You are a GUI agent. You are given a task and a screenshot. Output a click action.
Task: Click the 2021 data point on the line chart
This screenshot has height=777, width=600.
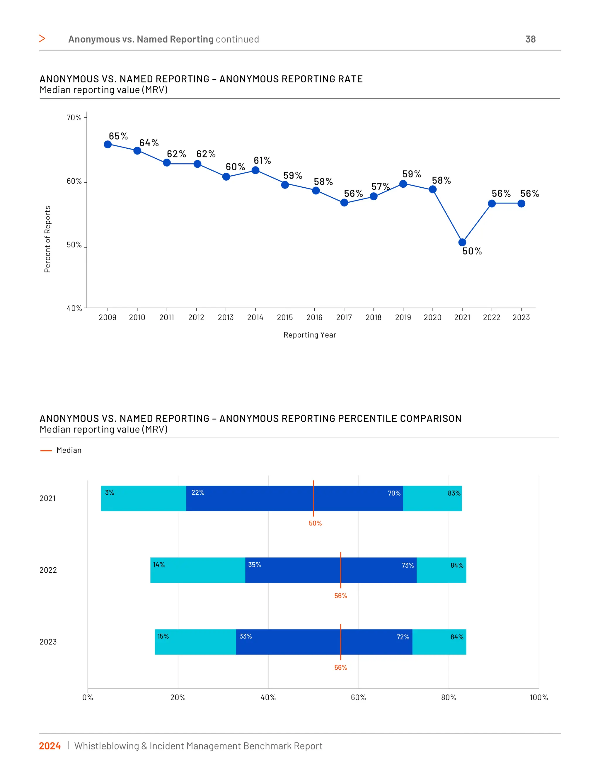[x=462, y=242]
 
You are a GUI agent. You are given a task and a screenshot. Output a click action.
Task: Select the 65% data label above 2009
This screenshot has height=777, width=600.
[x=118, y=136]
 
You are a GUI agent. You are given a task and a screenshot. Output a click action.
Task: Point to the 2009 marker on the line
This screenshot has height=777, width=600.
[x=108, y=145]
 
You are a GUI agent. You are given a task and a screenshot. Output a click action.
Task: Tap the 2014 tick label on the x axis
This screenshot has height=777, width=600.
[x=255, y=317]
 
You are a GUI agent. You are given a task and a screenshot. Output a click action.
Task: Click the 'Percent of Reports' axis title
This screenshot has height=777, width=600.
[x=47, y=239]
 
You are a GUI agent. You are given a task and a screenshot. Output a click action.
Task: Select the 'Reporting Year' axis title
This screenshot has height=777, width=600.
[x=310, y=335]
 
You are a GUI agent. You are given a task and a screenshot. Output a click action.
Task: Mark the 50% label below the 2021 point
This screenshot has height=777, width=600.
[x=472, y=251]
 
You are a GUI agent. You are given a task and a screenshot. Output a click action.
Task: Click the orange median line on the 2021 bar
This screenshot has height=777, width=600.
[x=313, y=498]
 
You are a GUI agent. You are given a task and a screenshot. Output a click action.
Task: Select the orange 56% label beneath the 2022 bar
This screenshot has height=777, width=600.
[x=340, y=596]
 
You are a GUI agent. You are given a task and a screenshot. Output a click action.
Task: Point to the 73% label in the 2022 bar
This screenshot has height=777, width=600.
[x=408, y=565]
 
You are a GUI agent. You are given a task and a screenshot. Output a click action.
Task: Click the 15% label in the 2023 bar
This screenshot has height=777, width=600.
[x=163, y=637]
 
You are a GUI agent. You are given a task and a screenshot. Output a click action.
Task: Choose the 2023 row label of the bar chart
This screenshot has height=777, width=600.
[x=48, y=642]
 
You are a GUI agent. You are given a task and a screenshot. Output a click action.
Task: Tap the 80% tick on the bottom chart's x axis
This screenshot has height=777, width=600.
[x=449, y=698]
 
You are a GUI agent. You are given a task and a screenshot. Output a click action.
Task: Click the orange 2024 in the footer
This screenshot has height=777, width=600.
[x=50, y=746]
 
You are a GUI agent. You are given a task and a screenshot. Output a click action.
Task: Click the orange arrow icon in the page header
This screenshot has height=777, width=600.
[x=42, y=38]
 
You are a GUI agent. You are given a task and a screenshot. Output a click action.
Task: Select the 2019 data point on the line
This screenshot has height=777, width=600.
[x=403, y=184]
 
